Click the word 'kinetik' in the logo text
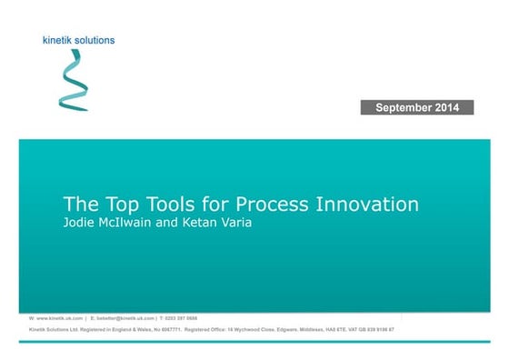point(60,40)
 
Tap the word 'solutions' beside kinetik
point(95,40)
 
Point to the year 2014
point(452,108)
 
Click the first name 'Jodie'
point(78,223)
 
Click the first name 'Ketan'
point(205,223)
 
